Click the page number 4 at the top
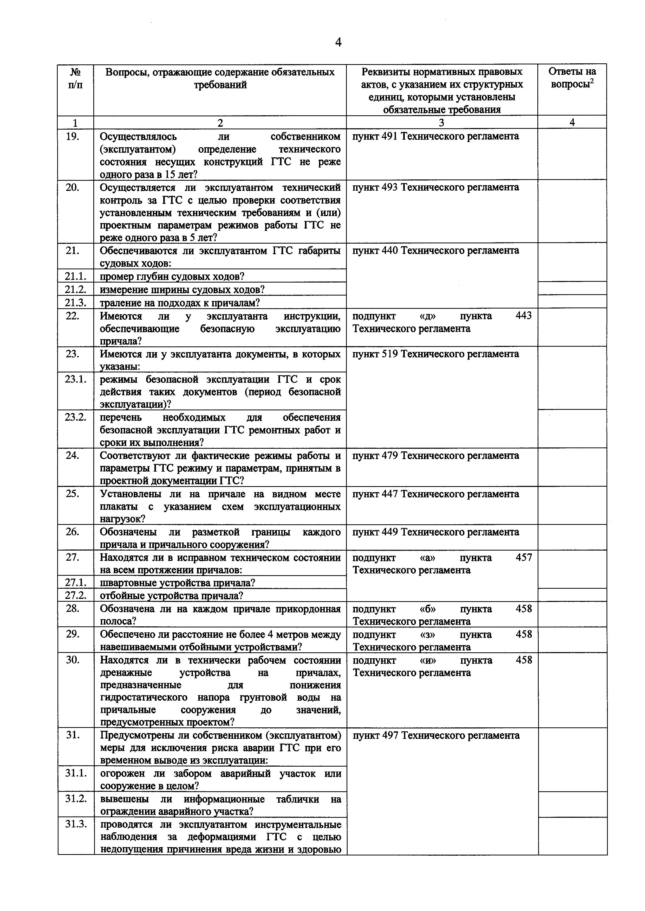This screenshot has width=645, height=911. coord(338,42)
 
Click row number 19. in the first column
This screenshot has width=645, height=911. coord(72,137)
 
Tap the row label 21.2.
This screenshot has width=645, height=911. coord(75,289)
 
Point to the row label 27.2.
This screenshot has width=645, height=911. coord(75,595)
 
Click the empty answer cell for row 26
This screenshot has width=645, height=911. coord(572,537)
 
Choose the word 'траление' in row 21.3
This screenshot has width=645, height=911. coord(118,303)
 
